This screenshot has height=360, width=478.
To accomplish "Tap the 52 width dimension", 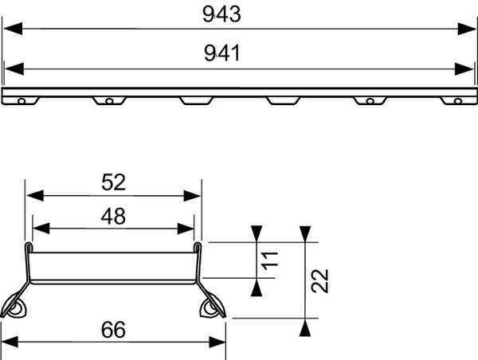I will [114, 182].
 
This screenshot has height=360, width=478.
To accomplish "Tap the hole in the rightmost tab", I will [457, 102].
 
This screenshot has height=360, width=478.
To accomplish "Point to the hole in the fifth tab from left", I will [370, 101].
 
